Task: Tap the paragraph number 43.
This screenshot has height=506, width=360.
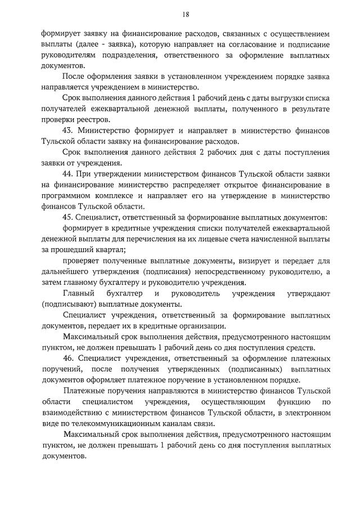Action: coord(68,130)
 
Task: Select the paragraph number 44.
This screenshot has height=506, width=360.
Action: coord(68,174)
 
